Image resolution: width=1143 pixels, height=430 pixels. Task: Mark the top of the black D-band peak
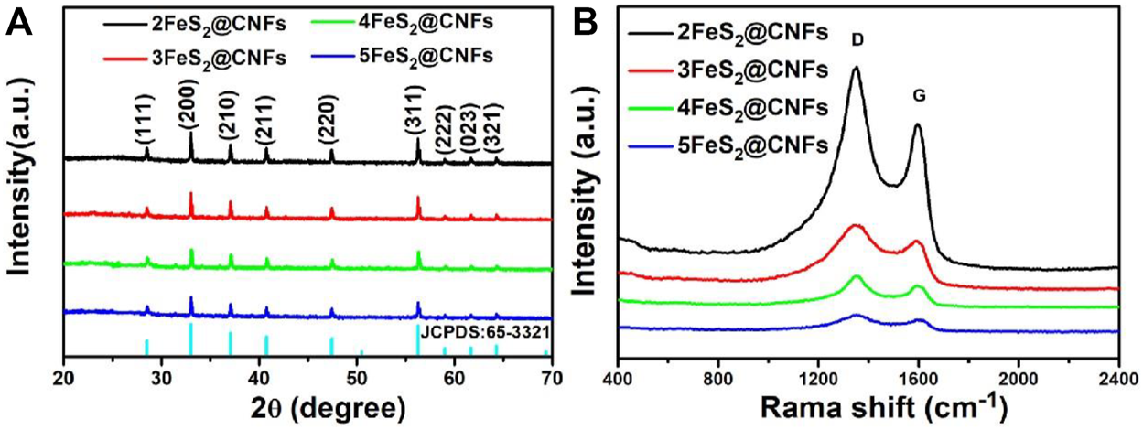tap(856, 67)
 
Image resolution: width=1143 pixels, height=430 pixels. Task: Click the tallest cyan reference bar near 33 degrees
tap(190, 339)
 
